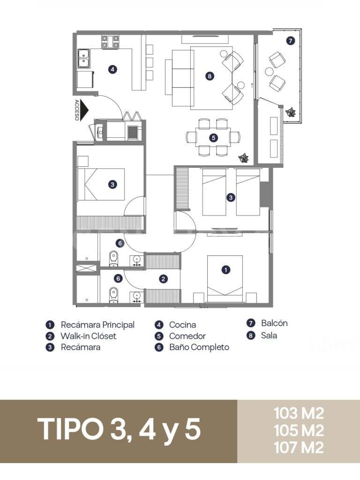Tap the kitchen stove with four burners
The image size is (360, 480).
point(110,42)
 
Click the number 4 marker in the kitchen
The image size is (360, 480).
point(112,69)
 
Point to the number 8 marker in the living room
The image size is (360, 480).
point(210,75)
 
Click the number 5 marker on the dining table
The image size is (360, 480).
point(213,138)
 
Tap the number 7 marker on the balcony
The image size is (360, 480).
point(290,40)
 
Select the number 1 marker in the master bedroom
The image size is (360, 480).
point(225,270)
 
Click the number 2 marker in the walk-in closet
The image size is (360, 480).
point(164,278)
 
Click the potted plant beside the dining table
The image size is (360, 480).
point(244,158)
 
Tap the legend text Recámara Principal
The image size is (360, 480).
point(97,325)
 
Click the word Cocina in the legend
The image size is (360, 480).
point(182,325)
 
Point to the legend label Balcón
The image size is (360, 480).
point(274,323)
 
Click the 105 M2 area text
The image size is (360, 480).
point(299,430)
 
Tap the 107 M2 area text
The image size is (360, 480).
point(299,448)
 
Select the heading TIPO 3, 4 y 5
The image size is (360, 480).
point(119,429)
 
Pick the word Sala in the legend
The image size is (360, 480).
point(269,335)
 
